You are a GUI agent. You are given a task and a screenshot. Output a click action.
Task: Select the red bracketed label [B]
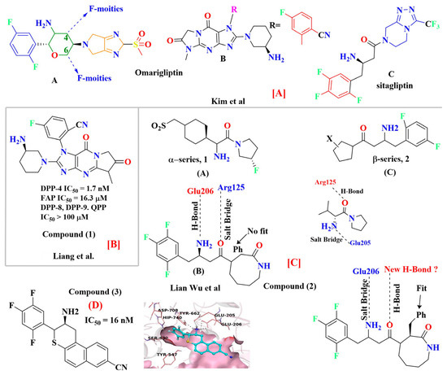pyautogui.click(x=130, y=218)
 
